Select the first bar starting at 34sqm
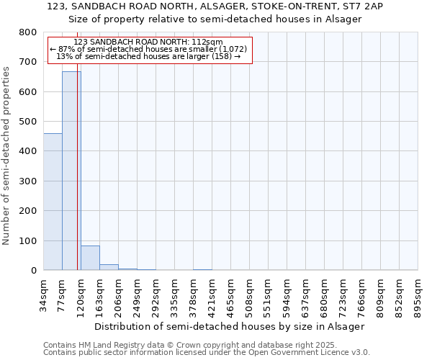tap(53, 202)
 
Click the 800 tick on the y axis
tap(27, 32)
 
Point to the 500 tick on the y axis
tap(27, 122)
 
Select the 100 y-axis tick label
tap(27, 240)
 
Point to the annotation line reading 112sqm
tap(148, 42)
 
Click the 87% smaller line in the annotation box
tap(148, 49)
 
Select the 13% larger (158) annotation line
tap(148, 56)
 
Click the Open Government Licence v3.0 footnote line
tap(207, 353)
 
